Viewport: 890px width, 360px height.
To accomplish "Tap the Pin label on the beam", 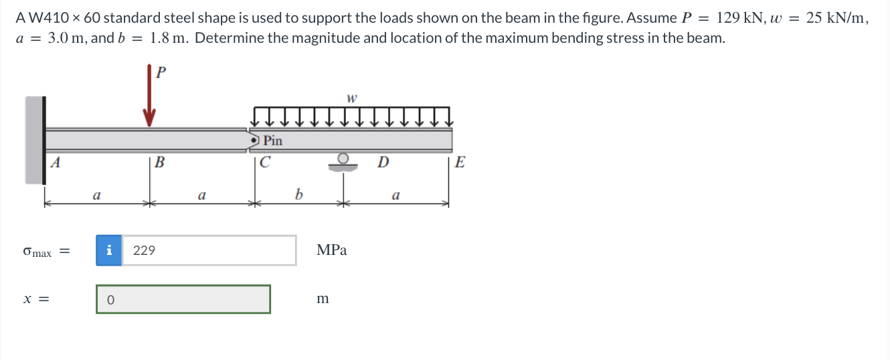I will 272,141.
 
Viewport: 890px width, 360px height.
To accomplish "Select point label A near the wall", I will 56,161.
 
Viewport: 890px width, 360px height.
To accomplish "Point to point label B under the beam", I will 159,162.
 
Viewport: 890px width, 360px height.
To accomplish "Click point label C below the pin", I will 265,162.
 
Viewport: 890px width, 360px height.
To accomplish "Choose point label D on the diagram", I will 383,162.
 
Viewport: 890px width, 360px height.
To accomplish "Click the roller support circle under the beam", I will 343,159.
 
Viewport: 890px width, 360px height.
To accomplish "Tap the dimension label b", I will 298,195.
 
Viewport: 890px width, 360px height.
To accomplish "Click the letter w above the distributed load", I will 351,98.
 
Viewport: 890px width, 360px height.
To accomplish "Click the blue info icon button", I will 109,250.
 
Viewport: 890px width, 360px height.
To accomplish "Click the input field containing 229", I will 208,250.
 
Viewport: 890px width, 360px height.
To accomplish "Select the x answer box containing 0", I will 183,299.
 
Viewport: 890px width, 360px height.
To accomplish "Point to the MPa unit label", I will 331,250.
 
